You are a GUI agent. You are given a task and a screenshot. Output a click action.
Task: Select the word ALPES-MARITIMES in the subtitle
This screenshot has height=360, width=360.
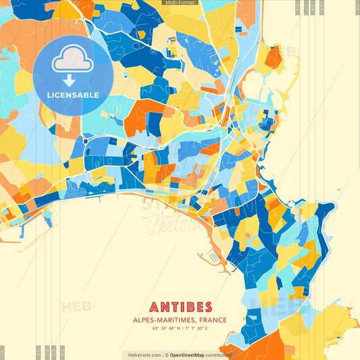(161, 319)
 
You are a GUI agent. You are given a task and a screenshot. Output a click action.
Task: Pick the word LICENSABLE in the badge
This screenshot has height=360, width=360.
(72, 95)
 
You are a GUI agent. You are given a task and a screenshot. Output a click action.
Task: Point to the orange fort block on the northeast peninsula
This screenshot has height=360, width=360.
(273, 58)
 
